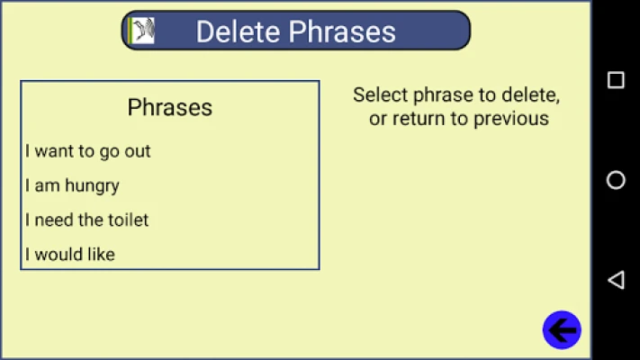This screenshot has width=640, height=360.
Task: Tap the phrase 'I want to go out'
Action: [87, 152]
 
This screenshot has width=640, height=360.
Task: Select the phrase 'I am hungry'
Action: [72, 186]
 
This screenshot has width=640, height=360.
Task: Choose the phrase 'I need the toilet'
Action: [86, 220]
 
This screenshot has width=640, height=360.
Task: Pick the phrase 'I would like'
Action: [70, 255]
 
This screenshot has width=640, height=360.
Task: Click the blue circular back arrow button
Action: [562, 329]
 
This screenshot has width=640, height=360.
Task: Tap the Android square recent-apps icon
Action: [616, 80]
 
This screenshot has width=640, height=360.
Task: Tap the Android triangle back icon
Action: [616, 280]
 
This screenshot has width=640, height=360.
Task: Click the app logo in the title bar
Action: [141, 31]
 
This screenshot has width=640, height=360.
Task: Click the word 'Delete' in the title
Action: [238, 31]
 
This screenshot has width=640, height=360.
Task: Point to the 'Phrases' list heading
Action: [170, 107]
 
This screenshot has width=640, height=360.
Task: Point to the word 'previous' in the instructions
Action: [511, 119]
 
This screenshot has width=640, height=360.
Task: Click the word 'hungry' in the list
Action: [92, 186]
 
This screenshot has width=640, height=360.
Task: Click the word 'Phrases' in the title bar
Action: [342, 31]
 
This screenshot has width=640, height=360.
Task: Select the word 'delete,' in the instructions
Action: [530, 95]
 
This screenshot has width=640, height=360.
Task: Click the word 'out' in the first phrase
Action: [138, 152]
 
